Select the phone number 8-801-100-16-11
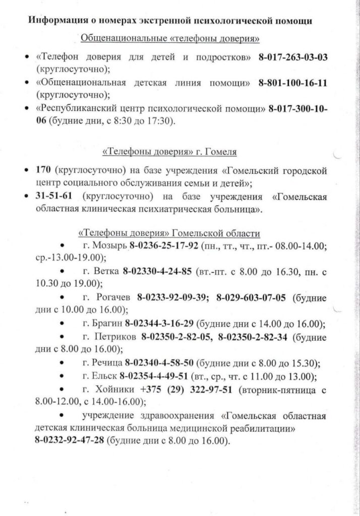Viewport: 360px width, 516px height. (x=293, y=83)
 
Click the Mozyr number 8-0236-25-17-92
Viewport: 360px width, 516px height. (x=164, y=247)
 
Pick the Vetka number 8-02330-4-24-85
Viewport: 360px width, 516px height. (x=157, y=273)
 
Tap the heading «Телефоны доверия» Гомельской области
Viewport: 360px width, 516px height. (x=169, y=234)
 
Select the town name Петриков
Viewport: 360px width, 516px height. (x=115, y=337)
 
